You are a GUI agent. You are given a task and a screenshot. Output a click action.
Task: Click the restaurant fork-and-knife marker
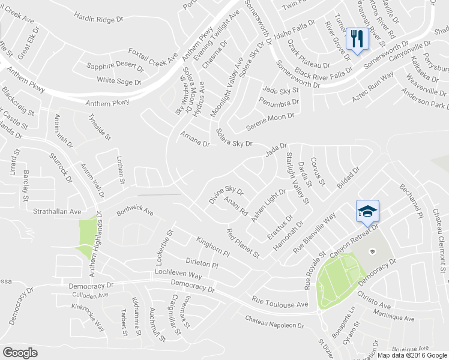click(358, 39)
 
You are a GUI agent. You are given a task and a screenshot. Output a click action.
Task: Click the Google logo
click(20, 353)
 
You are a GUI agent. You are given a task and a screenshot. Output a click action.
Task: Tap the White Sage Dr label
click(119, 80)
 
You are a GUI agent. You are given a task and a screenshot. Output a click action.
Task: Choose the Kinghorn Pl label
click(213, 246)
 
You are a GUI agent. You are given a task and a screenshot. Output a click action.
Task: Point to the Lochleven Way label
click(178, 274)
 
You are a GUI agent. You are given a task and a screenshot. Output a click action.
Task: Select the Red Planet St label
click(243, 243)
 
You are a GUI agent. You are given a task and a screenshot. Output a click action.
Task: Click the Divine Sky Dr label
click(226, 195)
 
